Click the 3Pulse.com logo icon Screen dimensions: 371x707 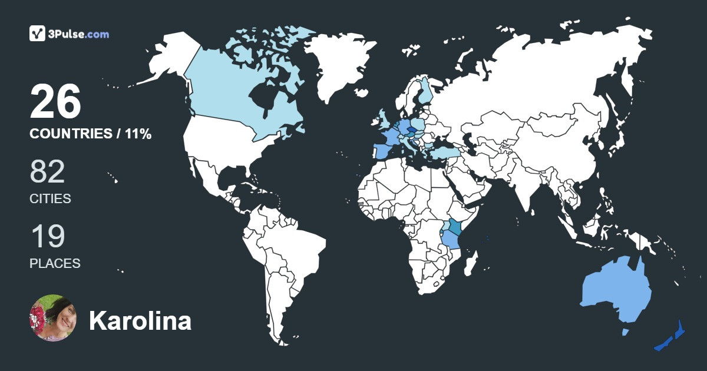[38, 34]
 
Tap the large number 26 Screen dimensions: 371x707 [55, 101]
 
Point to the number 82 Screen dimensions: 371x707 [47, 171]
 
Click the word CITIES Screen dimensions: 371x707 [50, 198]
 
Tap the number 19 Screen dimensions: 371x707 [47, 236]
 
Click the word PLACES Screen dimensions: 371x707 [55, 263]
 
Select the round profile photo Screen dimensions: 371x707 [53, 318]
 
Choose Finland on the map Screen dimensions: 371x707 [425, 91]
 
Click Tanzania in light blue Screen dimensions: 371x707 [452, 241]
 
